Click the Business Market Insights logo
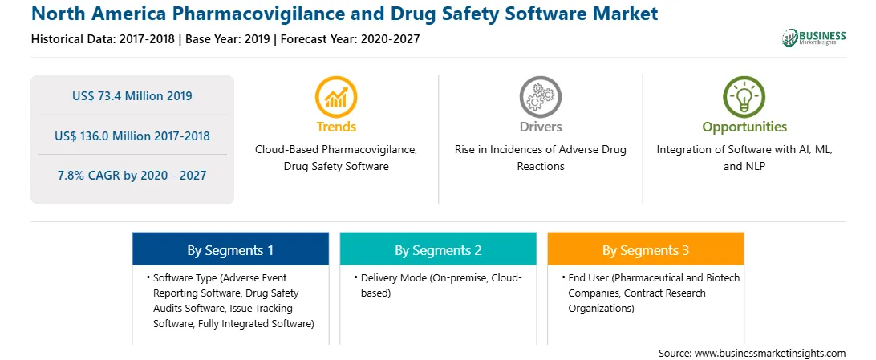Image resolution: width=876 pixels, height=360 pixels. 814,38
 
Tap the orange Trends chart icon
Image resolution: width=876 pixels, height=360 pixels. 336,96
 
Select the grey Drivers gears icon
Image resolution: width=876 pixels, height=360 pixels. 540,96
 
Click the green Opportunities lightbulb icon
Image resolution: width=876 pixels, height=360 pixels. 744,96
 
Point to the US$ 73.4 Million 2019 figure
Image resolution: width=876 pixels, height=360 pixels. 132,96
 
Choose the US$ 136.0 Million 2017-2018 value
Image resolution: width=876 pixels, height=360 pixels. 132,136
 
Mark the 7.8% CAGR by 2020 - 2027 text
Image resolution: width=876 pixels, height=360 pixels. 132,176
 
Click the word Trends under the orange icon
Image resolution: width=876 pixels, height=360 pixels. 336,127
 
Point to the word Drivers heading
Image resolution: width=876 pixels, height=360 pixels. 540,127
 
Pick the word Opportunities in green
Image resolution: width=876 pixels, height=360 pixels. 744,127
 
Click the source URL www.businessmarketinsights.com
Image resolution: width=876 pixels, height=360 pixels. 770,353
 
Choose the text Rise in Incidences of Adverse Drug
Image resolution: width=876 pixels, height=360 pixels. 540,150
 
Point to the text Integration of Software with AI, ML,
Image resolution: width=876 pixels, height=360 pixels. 744,150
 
